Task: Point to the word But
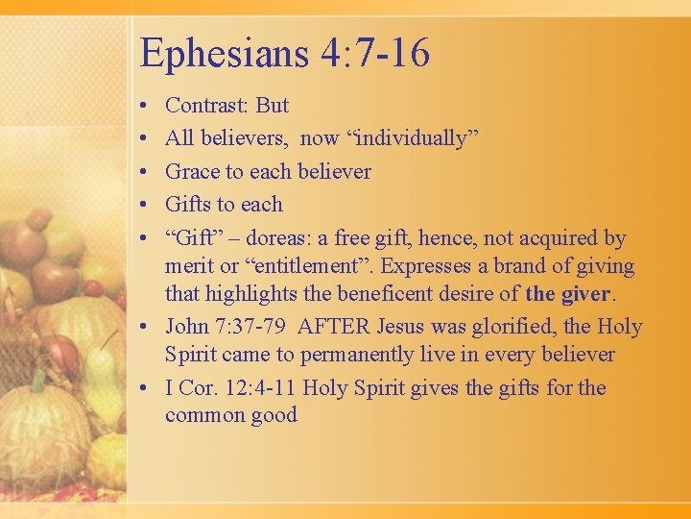tap(272, 106)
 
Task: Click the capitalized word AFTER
tap(332, 327)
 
